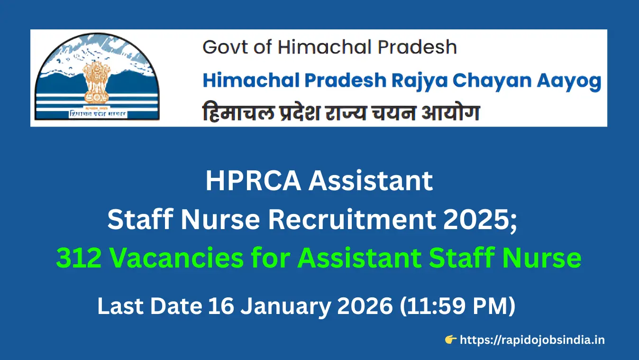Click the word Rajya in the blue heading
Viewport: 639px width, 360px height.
[x=418, y=81]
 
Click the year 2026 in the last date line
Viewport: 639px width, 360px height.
[x=366, y=306]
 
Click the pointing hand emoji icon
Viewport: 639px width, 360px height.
[x=450, y=339]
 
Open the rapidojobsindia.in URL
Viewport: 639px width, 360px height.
[x=532, y=340]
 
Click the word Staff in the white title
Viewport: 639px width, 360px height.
[x=136, y=220]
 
